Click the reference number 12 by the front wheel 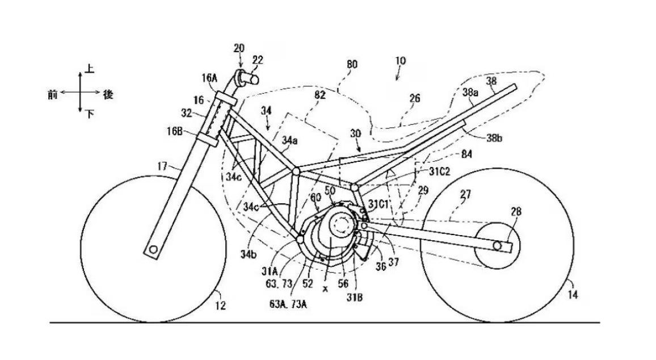(221, 305)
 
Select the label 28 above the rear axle (516, 212)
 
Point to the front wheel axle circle (152, 249)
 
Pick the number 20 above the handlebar (239, 49)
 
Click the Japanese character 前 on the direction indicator (53, 94)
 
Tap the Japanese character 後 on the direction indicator (108, 94)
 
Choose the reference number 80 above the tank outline (352, 65)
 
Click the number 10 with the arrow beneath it (401, 61)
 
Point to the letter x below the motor (326, 288)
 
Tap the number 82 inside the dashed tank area (320, 95)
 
